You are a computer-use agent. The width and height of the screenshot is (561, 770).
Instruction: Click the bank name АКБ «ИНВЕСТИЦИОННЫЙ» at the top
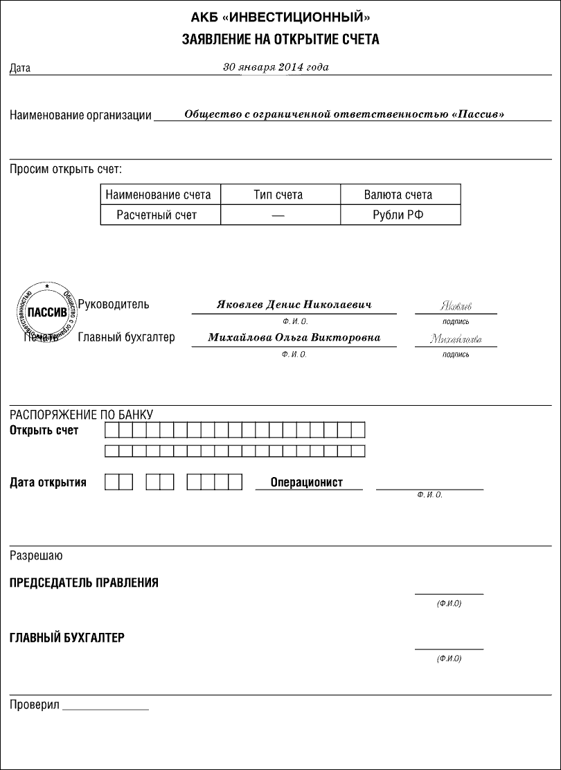pos(280,17)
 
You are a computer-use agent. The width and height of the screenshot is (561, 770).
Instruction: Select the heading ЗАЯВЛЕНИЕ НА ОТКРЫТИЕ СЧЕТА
pos(280,40)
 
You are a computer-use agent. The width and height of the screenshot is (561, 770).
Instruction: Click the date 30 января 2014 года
pos(276,67)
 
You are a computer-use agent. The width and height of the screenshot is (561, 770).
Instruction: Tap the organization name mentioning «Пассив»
pos(344,114)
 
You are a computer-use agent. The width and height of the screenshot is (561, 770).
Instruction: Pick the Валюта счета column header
pos(398,195)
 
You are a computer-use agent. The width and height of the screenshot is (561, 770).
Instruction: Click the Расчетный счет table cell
pos(157,215)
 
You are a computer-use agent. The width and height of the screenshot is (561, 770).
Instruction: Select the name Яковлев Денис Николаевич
pos(294,305)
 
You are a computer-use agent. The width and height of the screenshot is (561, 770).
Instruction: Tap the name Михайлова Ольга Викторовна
pos(294,338)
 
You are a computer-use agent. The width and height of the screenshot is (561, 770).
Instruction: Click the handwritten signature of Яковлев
pos(456,306)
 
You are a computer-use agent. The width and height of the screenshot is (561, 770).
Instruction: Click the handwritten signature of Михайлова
pos(455,339)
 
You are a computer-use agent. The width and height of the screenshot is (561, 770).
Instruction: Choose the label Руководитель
pos(114,304)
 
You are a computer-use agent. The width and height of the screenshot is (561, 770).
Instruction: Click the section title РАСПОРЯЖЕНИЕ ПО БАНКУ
pos(81,415)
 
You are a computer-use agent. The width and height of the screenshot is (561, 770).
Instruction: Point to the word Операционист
pos(307,483)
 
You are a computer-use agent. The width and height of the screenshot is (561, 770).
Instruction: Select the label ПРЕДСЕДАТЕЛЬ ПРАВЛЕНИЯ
pos(84,582)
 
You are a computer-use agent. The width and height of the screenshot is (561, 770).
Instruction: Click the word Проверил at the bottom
pos(34,705)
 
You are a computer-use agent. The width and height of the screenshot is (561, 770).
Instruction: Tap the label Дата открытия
pos(48,483)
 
